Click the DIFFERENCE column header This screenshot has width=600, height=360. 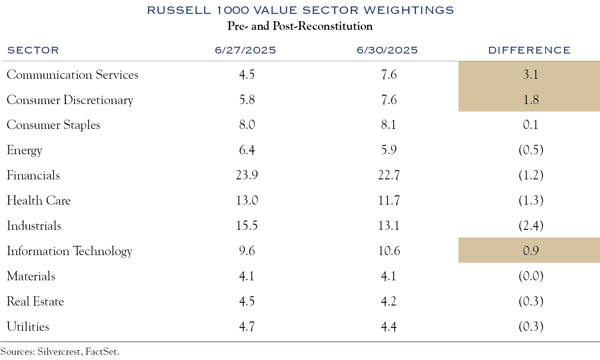tap(529, 50)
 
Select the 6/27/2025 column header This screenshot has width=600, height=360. tap(245, 50)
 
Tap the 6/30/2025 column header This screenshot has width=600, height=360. tap(387, 50)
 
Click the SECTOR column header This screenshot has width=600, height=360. tap(33, 50)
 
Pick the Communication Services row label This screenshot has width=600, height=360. tap(72, 75)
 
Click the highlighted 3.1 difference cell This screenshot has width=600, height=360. tap(530, 74)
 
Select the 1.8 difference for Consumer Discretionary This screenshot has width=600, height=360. tap(531, 100)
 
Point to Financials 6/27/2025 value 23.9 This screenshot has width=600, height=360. tap(247, 175)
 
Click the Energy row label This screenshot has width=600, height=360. tap(25, 150)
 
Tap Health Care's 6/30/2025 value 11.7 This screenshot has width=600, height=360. tap(389, 200)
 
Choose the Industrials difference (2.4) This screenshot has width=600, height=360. tap(531, 226)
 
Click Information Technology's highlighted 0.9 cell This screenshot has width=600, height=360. tap(530, 251)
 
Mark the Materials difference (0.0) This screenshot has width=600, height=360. tap(531, 276)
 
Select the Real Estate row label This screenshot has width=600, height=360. tap(35, 301)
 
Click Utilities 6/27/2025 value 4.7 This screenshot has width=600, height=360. tap(247, 326)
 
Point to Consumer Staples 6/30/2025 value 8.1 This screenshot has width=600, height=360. tap(388, 125)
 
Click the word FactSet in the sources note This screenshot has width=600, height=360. tap(102, 351)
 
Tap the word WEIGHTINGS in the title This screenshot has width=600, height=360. tap(409, 10)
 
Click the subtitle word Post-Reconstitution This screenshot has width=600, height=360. tap(322, 26)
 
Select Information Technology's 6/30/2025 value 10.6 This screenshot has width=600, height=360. tap(389, 251)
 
